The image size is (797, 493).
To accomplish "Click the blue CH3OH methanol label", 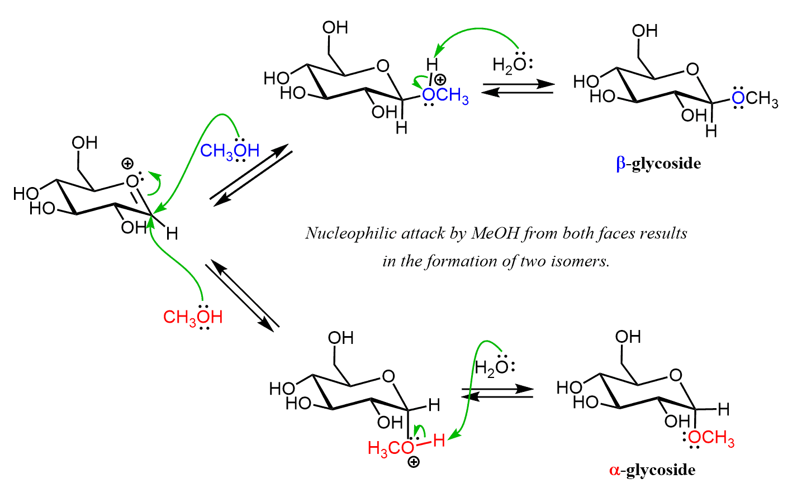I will coord(230,151).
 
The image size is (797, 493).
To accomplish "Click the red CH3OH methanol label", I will coord(193,317).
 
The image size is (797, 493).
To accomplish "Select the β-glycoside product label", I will coord(658,164).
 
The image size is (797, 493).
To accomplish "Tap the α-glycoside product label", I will coord(652,470).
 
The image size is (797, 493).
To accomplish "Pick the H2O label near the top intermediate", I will coord(511,65).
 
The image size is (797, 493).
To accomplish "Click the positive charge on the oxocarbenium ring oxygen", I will coord(128,164).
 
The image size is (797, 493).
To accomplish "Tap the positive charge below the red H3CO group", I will coord(414,462).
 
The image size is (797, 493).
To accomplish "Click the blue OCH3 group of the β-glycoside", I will coord(755,99).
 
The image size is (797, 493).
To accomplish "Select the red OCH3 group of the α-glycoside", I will coord(711,438).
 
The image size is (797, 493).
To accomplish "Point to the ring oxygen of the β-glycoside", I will coord(692,69).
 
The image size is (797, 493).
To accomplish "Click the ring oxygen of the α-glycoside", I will coord(676,375).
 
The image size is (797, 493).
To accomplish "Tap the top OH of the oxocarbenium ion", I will coord(84,143).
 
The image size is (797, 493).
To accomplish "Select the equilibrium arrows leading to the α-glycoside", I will coord(497,393).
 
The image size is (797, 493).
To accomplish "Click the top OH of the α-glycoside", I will coord(628,337).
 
